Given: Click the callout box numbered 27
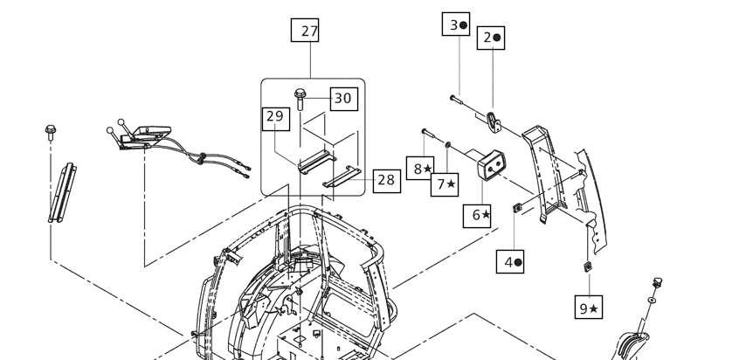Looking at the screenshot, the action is click(305, 31).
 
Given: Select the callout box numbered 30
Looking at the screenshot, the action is click(343, 99).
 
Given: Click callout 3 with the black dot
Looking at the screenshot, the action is click(456, 24).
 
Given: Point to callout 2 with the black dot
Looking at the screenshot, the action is click(491, 38).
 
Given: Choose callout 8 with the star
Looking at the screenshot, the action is click(420, 169).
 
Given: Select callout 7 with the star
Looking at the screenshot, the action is click(445, 184).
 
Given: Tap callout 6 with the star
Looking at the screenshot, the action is click(477, 216).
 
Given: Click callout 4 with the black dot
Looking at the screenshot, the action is click(510, 261).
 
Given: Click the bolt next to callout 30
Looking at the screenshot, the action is click(300, 100).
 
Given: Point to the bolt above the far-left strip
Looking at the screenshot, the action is click(51, 133).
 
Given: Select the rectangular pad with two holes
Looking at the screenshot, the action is click(491, 165).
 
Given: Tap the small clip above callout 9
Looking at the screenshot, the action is click(588, 267).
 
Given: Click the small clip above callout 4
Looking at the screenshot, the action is click(516, 207).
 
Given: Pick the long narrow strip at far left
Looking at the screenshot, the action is click(62, 193).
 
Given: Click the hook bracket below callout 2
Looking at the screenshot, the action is click(493, 122).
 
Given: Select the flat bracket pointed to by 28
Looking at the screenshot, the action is click(342, 177).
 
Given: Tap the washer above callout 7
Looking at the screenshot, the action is click(447, 143).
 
